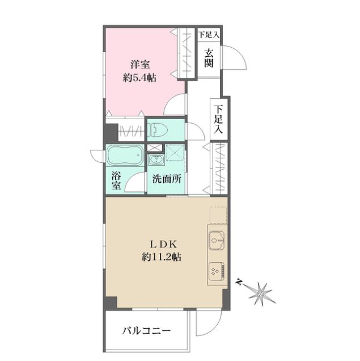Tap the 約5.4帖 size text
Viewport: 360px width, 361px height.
[139, 78]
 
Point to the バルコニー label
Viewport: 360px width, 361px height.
[146, 331]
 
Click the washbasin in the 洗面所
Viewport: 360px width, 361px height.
[156, 159]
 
